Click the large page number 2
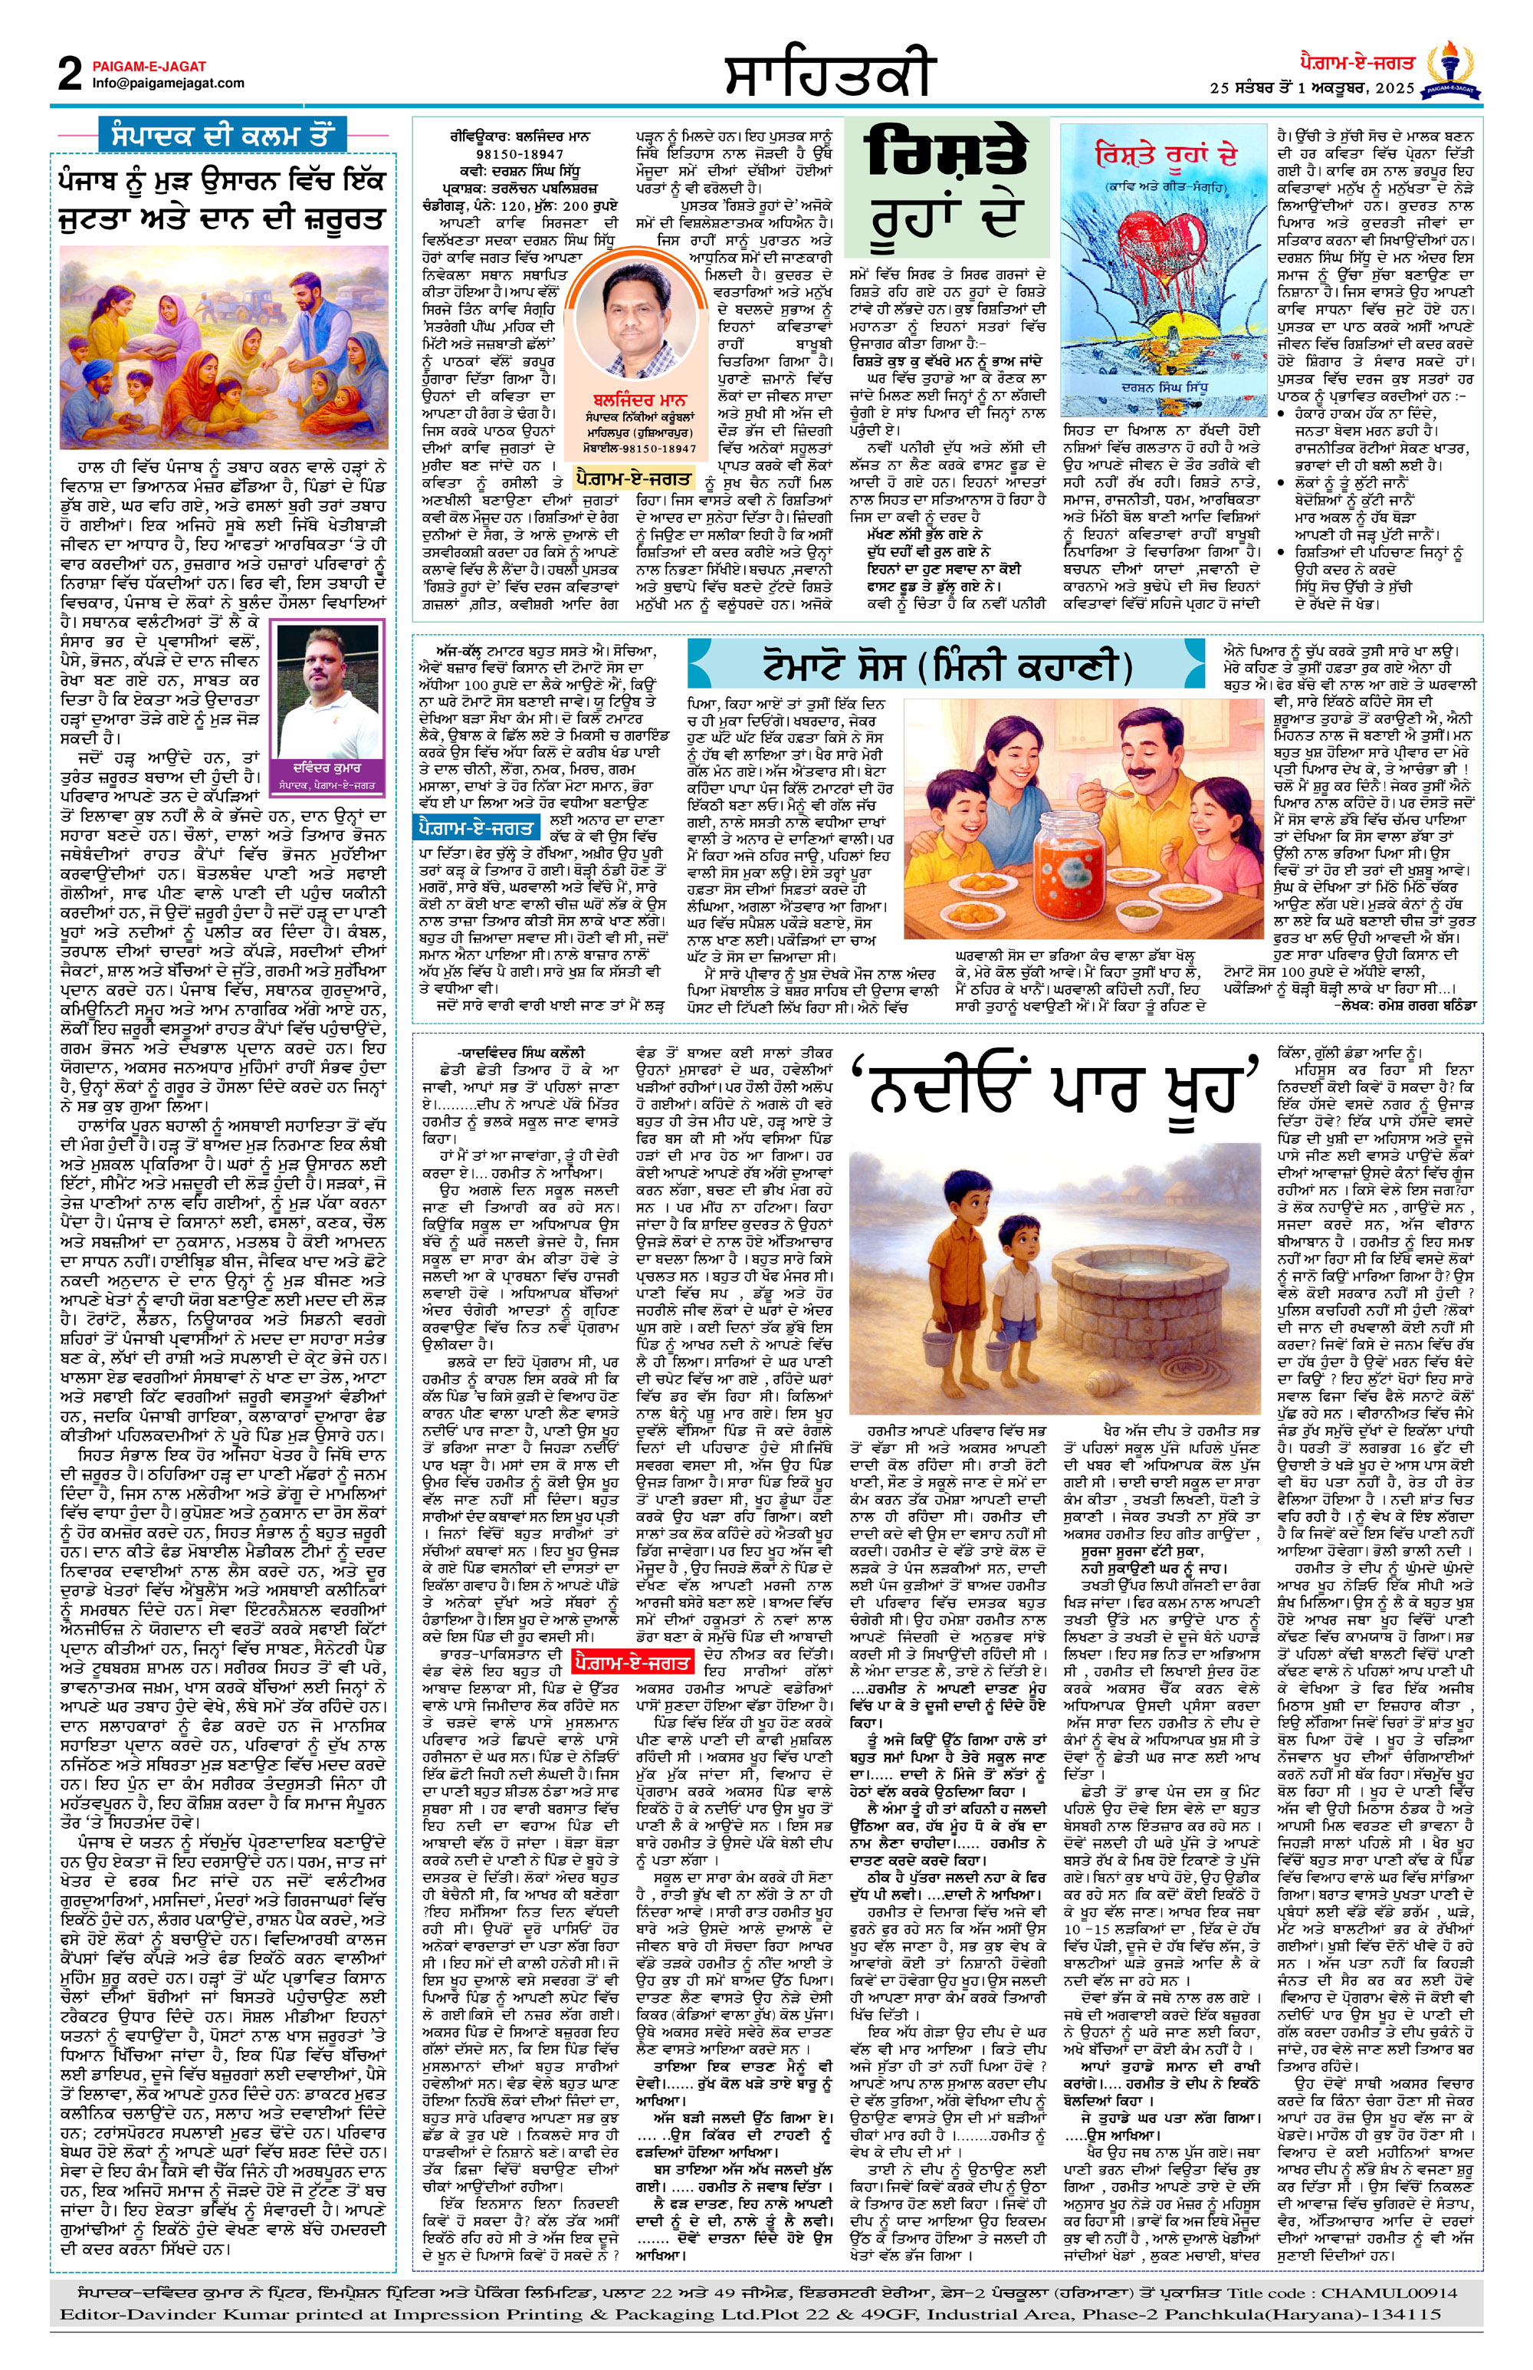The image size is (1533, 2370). point(70,74)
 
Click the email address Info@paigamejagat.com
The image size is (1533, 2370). point(168,84)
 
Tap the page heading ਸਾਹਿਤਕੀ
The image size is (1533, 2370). point(829,74)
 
